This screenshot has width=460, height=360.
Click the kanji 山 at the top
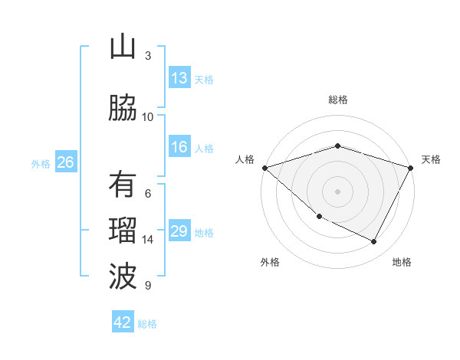(123, 47)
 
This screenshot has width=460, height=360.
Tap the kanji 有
(123, 185)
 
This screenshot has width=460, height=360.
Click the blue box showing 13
(179, 78)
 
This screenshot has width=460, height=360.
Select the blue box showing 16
(179, 147)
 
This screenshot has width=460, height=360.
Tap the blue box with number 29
(179, 231)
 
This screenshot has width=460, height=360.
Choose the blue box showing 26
(66, 162)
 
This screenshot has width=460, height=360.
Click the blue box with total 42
(123, 322)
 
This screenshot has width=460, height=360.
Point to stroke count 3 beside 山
(147, 56)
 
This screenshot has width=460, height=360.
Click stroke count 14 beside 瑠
(148, 240)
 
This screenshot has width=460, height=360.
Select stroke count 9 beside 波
(147, 286)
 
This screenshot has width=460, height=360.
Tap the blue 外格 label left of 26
(41, 163)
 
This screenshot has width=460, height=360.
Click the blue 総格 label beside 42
(147, 323)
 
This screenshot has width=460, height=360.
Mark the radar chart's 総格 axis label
(337, 100)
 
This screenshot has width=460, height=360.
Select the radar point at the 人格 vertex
(264, 168)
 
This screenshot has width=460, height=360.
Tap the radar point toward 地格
(374, 242)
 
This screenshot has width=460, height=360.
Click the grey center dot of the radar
(337, 191)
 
